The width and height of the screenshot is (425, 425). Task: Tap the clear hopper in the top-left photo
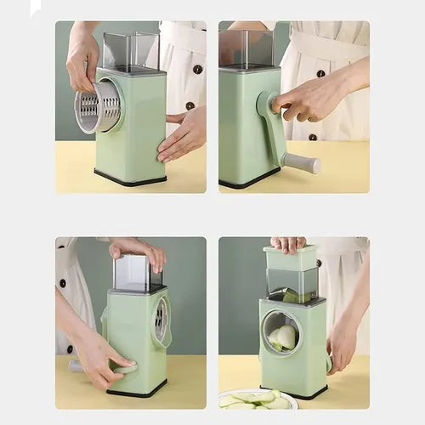[130, 51]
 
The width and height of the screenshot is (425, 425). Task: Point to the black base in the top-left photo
[130, 178]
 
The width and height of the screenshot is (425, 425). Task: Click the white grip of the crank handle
[303, 162]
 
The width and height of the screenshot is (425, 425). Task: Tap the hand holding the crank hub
[310, 100]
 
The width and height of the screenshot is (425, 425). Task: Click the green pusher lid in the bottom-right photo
[290, 257]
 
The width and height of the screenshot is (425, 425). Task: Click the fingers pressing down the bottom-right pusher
[288, 244]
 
